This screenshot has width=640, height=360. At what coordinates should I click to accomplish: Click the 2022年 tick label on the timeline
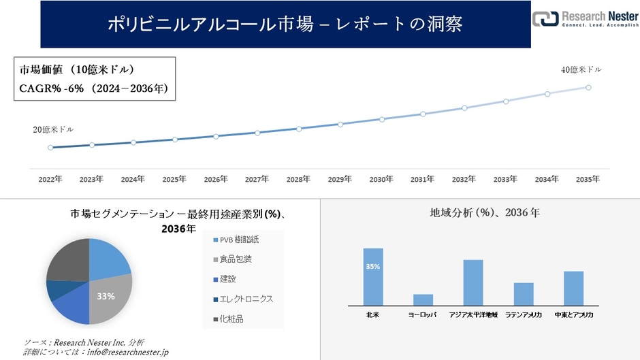[x=50, y=179]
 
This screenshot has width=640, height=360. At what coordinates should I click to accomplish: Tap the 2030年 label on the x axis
[x=381, y=179]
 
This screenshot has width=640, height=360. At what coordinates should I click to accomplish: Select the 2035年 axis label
[x=588, y=179]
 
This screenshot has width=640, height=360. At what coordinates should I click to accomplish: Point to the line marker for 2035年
[x=588, y=87]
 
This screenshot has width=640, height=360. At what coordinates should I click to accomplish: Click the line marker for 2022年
[x=50, y=147]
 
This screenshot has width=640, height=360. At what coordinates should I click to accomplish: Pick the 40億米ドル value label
[x=581, y=69]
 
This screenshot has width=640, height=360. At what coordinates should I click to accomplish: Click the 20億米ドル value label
[x=54, y=129]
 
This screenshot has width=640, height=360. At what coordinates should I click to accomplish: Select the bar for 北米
[x=373, y=276]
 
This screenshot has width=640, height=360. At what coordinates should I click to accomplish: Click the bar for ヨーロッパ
[x=423, y=299]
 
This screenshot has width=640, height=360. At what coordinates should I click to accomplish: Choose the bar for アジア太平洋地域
[x=473, y=282]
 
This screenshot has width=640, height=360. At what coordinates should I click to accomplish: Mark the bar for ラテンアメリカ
[x=524, y=293]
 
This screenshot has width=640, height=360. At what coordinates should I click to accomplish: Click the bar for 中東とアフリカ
[x=574, y=288]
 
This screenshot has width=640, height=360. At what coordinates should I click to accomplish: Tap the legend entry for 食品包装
[x=238, y=259]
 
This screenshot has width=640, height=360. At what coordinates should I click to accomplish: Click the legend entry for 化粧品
[x=232, y=318]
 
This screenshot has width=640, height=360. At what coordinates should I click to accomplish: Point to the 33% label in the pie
[x=106, y=296]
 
